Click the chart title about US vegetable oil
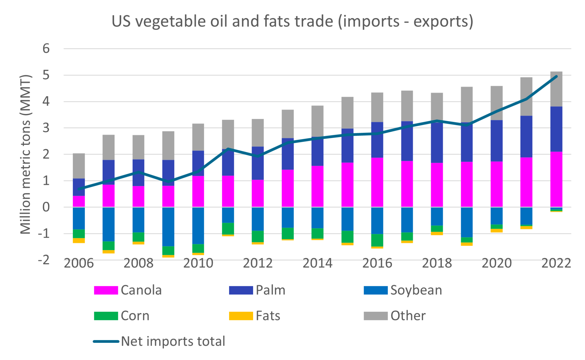pyautogui.click(x=292, y=21)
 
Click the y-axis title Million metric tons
pyautogui.click(x=26, y=154)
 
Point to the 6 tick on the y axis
pyautogui.click(x=46, y=49)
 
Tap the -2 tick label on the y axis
pyautogui.click(x=44, y=260)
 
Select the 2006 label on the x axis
pyautogui.click(x=79, y=263)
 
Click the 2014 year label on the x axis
pyautogui.click(x=317, y=263)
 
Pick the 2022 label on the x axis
pyautogui.click(x=556, y=263)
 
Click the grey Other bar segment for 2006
pyautogui.click(x=79, y=166)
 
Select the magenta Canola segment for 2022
pyautogui.click(x=556, y=179)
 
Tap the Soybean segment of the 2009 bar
pyautogui.click(x=168, y=227)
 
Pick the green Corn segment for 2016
pyautogui.click(x=377, y=240)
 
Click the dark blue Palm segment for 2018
pyautogui.click(x=437, y=143)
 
